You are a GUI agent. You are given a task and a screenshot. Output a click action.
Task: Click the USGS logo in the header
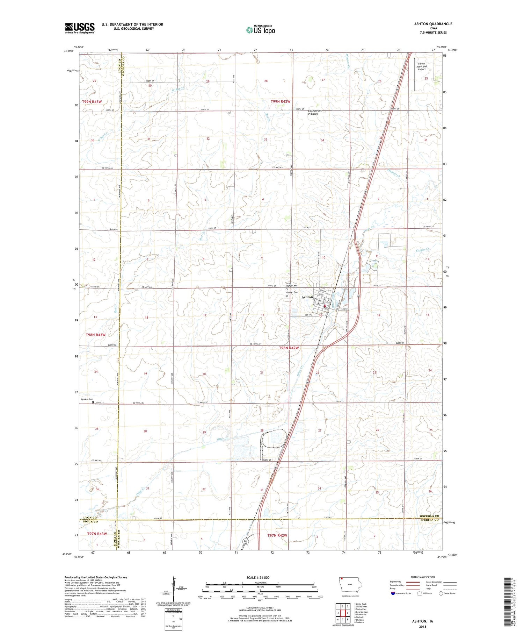[80, 28]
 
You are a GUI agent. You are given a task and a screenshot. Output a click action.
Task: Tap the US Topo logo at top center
[260, 30]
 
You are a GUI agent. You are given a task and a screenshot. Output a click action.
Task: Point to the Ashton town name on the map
[307, 297]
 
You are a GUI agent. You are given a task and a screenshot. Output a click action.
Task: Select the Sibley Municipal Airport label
[422, 66]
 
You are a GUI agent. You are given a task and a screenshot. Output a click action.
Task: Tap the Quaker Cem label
[87, 399]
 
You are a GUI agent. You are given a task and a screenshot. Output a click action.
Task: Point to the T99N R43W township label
[92, 102]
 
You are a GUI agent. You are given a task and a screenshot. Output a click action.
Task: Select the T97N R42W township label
[277, 535]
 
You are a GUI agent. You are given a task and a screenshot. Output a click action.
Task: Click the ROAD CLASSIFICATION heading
[423, 577]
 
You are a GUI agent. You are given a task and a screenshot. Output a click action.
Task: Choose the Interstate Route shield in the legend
[393, 593]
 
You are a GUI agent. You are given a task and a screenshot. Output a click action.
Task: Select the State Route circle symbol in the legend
[441, 593]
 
